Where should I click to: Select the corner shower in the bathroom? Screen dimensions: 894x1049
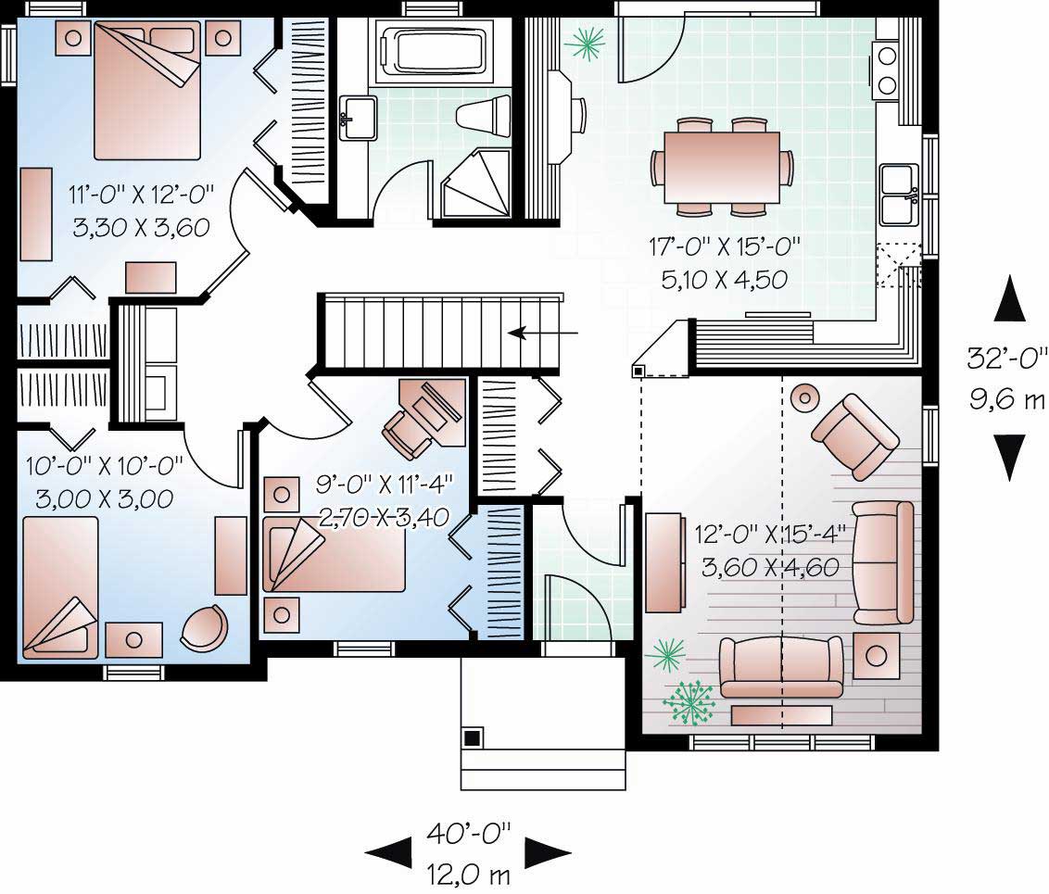[477, 183]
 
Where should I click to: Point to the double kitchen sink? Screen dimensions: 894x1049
[898, 195]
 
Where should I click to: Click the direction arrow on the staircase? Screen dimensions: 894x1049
[542, 332]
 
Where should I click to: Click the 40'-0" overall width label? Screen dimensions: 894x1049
[469, 834]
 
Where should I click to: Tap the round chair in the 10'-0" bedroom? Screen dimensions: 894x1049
[204, 628]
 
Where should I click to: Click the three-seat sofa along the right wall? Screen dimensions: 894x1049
[882, 562]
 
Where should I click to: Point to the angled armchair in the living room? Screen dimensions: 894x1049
[853, 434]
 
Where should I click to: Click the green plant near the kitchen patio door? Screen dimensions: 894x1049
[587, 43]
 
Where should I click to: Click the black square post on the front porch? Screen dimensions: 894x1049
[472, 738]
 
